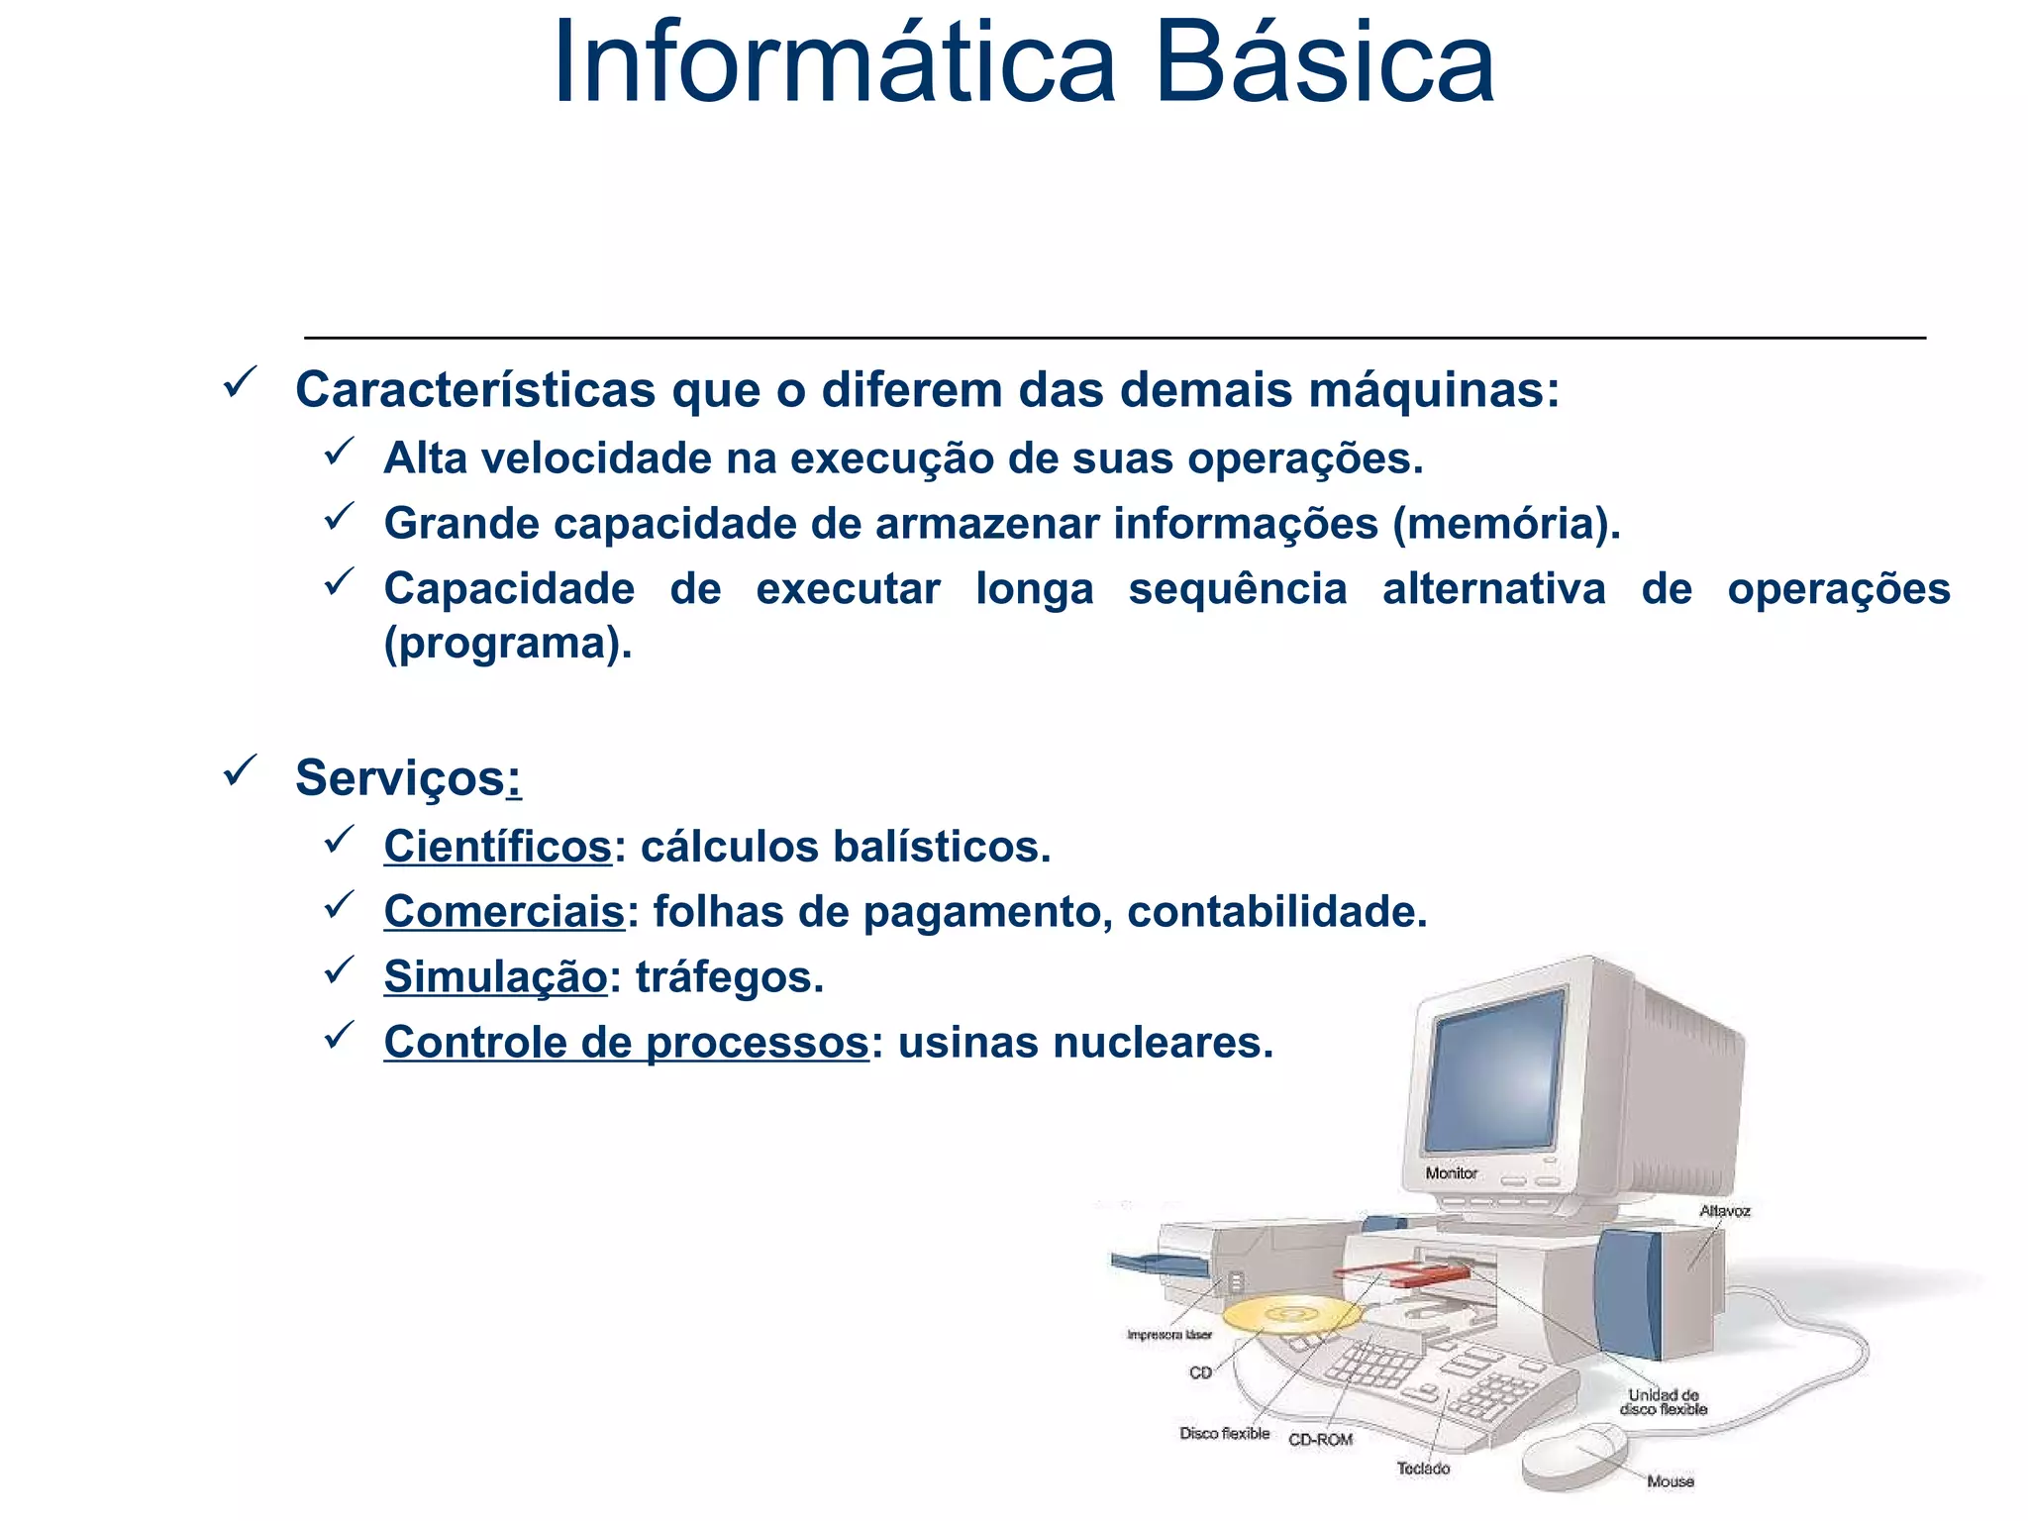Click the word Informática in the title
point(834,63)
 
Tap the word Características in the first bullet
point(475,389)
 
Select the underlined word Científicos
point(498,847)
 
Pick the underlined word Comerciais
point(504,912)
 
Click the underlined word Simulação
point(495,977)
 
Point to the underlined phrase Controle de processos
point(626,1043)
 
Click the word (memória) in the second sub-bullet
point(1505,524)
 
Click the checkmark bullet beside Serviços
point(241,771)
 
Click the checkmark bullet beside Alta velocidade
point(340,453)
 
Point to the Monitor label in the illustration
point(1451,1173)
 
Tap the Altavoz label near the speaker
point(1724,1211)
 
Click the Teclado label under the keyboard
point(1423,1469)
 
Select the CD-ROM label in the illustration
point(1320,1440)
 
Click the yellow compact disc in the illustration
point(1290,1315)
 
